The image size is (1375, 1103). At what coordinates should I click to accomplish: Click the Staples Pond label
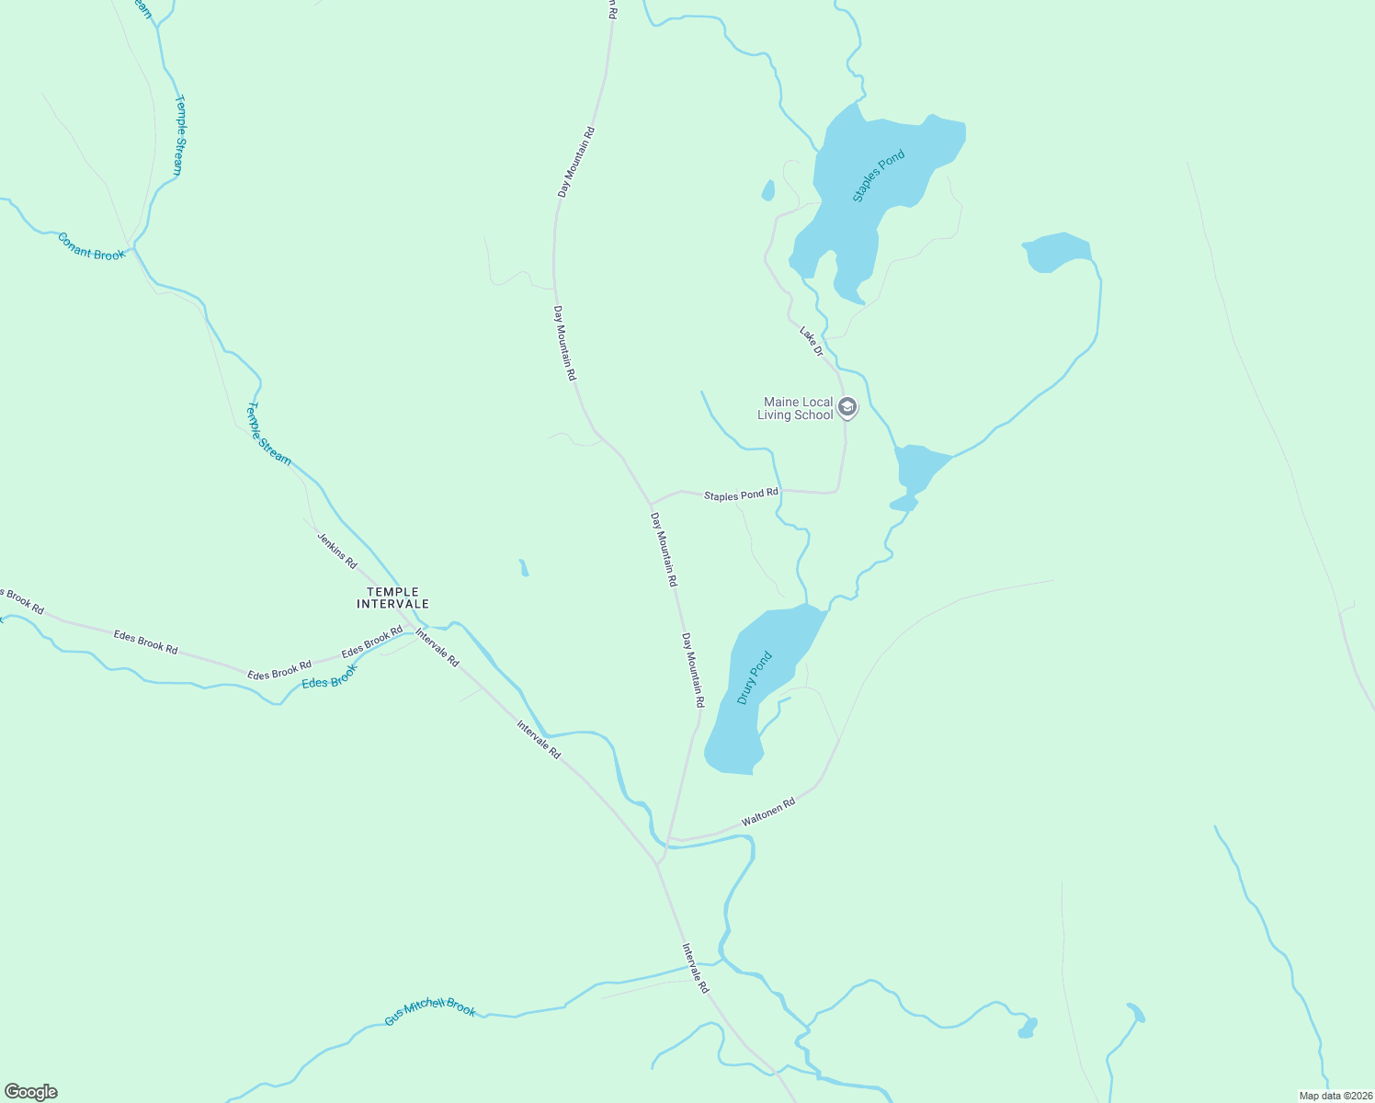click(x=879, y=176)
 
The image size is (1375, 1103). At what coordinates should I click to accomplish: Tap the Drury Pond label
click(x=755, y=678)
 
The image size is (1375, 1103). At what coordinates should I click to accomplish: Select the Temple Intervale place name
click(x=392, y=598)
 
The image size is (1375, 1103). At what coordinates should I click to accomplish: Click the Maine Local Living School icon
click(x=847, y=407)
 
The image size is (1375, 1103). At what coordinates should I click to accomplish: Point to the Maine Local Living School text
click(x=796, y=408)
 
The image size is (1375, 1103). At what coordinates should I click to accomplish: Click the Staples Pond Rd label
click(x=741, y=495)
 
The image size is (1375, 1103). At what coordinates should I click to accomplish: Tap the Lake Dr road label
click(x=811, y=340)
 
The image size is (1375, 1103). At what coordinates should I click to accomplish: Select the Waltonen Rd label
click(x=767, y=814)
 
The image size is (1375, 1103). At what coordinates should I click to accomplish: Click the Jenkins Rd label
click(x=336, y=550)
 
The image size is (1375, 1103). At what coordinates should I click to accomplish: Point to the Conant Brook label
click(x=91, y=246)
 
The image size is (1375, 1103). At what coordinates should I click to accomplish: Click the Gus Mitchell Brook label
click(x=430, y=1011)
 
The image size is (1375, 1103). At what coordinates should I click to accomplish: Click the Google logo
click(x=31, y=1092)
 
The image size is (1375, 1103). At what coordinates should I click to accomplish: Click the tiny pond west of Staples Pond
click(x=767, y=191)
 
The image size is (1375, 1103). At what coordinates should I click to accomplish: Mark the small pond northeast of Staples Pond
click(x=1055, y=251)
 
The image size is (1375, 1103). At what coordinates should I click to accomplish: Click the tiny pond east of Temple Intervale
click(x=524, y=568)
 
